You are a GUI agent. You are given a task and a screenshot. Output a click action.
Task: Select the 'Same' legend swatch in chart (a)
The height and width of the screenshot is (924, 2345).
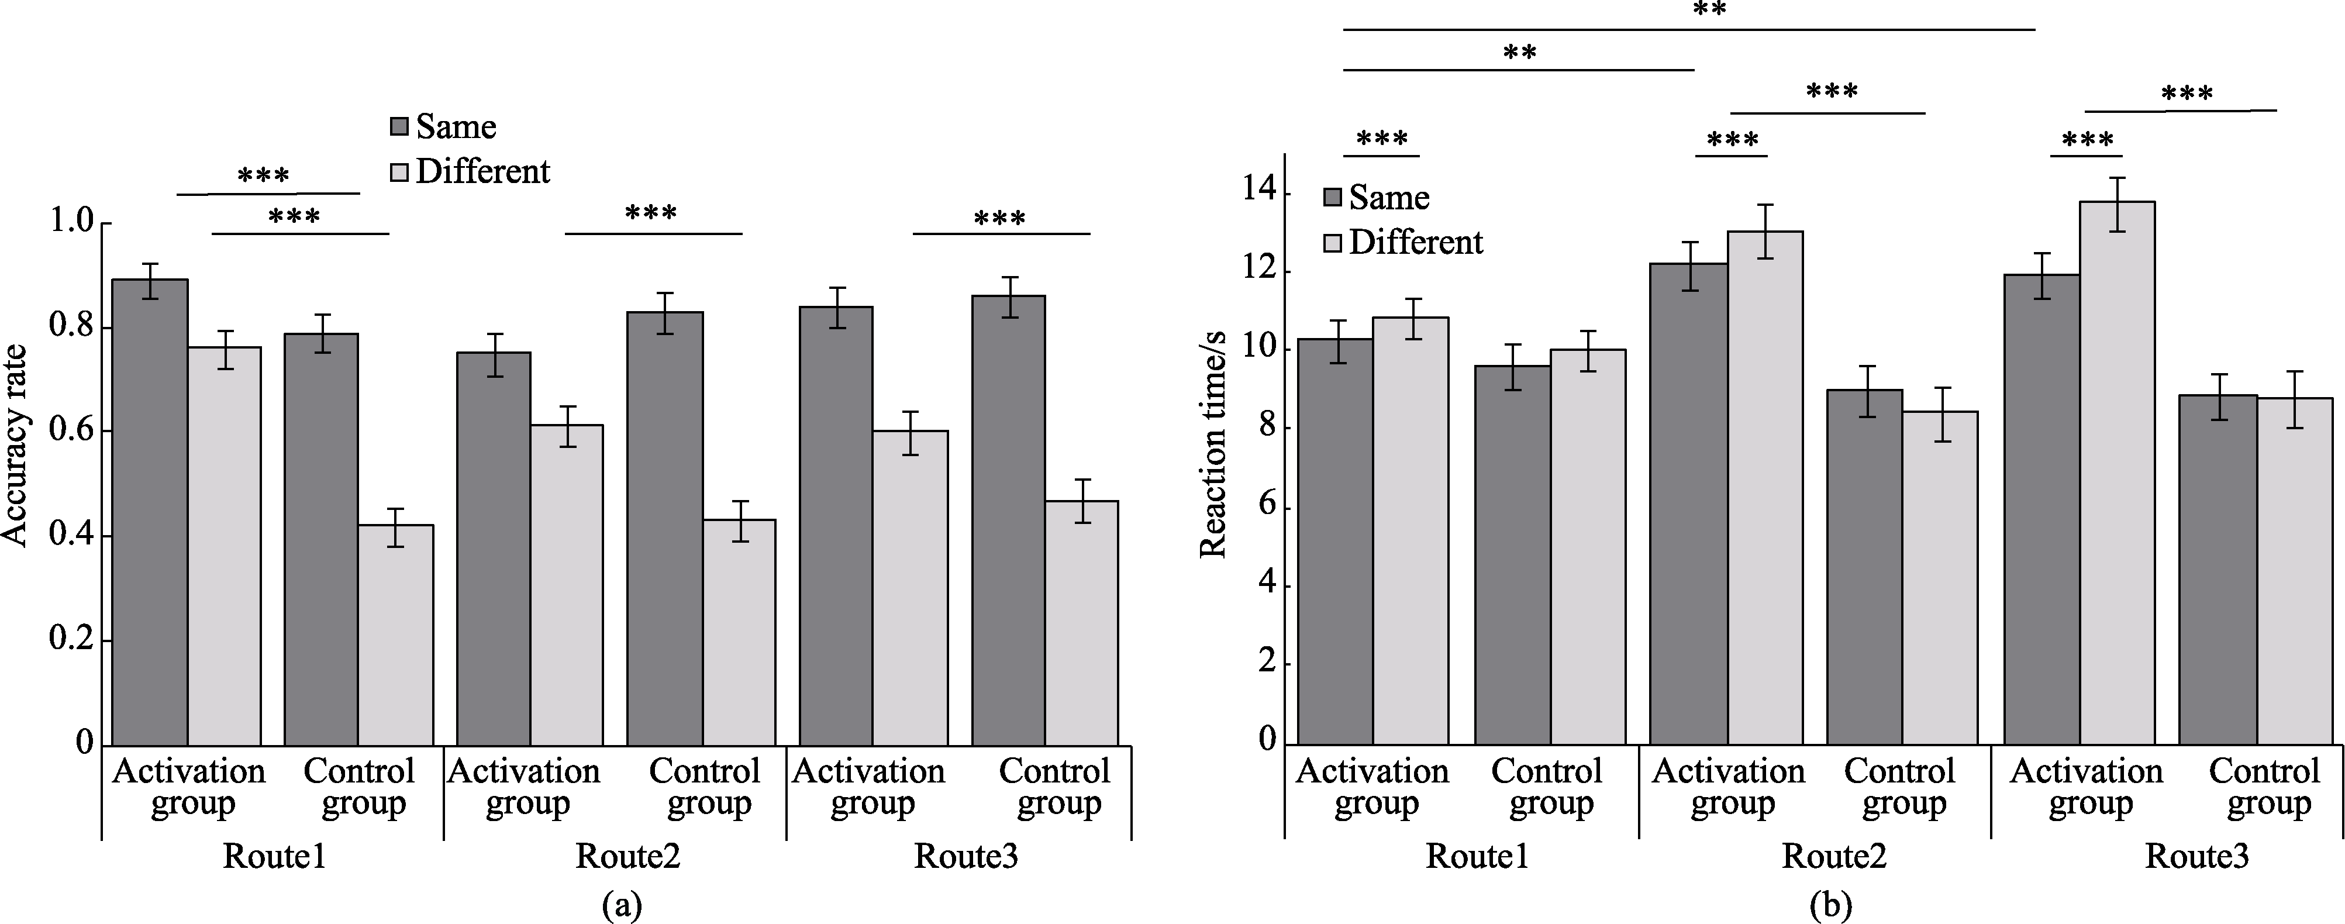[x=399, y=126]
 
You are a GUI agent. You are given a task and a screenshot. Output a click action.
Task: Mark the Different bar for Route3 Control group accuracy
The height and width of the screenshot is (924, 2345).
[x=1081, y=623]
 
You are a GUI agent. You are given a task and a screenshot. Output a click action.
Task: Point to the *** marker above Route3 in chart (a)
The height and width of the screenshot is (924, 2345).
[x=999, y=219]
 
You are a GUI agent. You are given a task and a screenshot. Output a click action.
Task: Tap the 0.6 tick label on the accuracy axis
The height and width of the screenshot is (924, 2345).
[x=71, y=430]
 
